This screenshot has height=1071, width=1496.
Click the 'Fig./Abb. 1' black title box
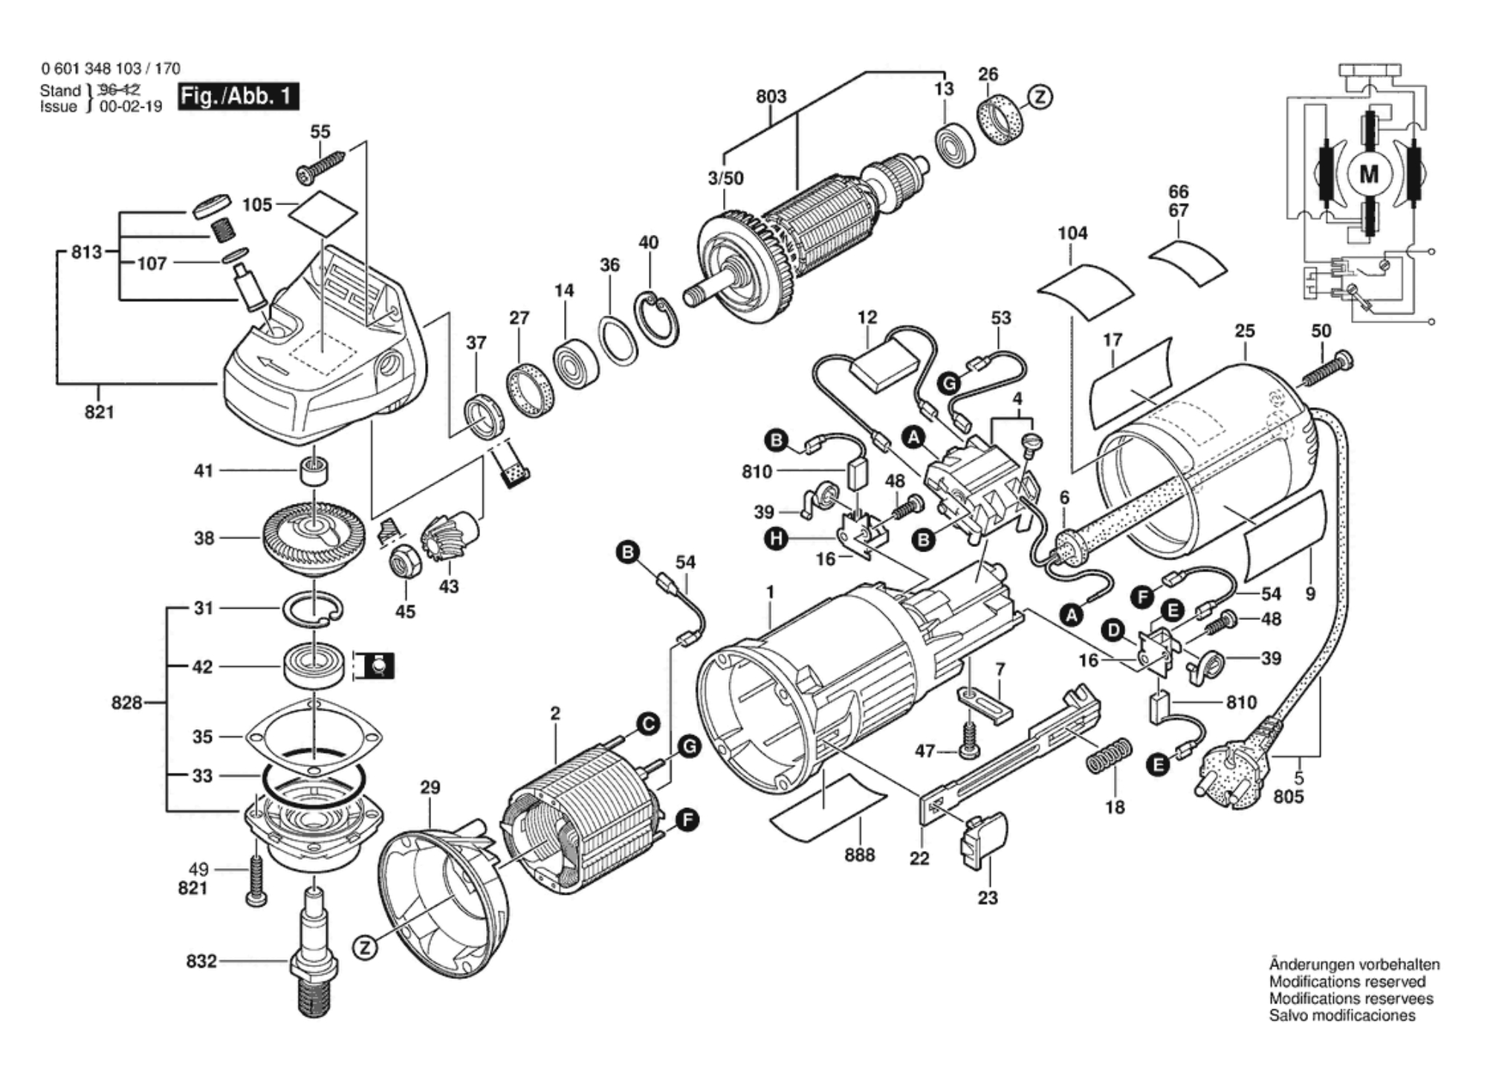click(238, 97)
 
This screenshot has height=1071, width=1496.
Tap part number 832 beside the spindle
click(201, 961)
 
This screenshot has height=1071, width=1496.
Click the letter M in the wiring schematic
click(1369, 174)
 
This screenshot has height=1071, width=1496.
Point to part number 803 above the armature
click(771, 97)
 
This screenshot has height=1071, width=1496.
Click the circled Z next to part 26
click(1040, 97)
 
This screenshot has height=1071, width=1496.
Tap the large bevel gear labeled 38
click(314, 536)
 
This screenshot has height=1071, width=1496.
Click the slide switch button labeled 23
click(985, 840)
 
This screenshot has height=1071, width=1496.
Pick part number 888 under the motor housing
click(859, 855)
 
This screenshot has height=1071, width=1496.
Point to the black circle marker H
click(777, 538)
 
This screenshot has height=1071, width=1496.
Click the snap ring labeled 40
click(657, 320)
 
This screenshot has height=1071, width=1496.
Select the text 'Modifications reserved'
click(1347, 982)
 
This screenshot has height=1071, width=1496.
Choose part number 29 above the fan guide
click(430, 787)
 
